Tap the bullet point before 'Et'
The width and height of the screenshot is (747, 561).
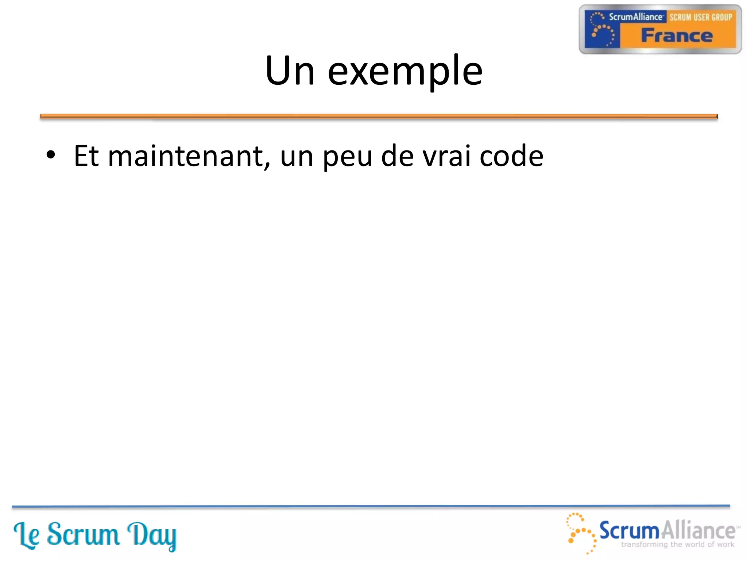(x=51, y=155)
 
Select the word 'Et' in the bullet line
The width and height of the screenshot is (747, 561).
(x=86, y=156)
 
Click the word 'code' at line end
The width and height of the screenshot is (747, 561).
(x=511, y=156)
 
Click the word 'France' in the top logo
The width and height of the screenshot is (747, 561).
(x=677, y=36)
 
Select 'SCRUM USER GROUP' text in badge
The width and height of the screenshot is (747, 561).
(x=701, y=17)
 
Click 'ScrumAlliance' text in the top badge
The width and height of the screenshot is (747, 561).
(x=635, y=17)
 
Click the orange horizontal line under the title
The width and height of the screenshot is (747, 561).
(x=379, y=117)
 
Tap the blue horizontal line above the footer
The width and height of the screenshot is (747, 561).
(x=371, y=506)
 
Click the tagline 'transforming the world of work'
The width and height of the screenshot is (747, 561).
(x=677, y=545)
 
